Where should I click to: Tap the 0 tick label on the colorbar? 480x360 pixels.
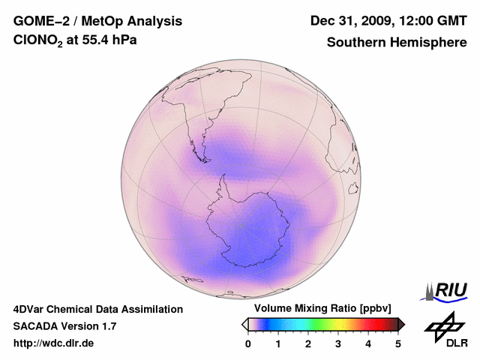tap(248, 343)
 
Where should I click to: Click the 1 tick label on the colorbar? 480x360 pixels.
tap(278, 343)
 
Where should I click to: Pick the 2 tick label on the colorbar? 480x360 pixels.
tap(308, 343)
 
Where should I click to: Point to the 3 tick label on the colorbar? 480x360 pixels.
tap(338, 343)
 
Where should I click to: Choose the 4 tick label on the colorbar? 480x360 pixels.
tap(368, 343)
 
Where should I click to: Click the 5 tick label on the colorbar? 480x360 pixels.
tap(398, 343)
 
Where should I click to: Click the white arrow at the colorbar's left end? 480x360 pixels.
tap(244, 324)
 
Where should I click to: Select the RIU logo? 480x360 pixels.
tap(447, 290)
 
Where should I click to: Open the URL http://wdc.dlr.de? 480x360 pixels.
tap(54, 343)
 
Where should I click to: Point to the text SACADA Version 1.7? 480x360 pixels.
tap(64, 326)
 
